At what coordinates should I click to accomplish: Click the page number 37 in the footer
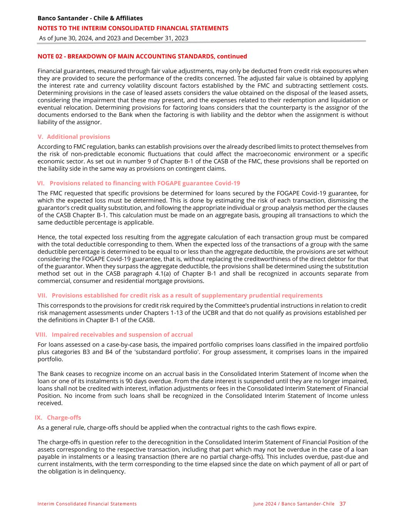pyautogui.click(x=343, y=504)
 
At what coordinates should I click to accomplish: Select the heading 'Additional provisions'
pyautogui.click(x=78, y=137)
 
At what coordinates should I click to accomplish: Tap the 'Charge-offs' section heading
pyautogui.click(x=64, y=418)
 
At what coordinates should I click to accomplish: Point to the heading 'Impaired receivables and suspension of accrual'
pyautogui.click(x=122, y=334)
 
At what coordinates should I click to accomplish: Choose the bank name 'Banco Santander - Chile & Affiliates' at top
pyautogui.click(x=90, y=18)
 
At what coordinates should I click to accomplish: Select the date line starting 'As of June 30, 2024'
pyautogui.click(x=114, y=38)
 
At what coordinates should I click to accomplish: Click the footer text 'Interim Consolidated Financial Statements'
pyautogui.click(x=87, y=504)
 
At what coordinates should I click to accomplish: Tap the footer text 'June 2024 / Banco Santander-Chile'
pyautogui.click(x=294, y=504)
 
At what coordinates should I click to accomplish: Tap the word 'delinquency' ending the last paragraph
pyautogui.click(x=107, y=471)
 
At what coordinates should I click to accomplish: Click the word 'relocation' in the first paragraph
pyautogui.click(x=75, y=108)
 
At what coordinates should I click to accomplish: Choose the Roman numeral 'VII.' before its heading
pyautogui.click(x=42, y=296)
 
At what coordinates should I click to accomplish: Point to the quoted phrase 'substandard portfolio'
pyautogui.click(x=178, y=352)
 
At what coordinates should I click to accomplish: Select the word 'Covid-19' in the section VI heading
pyautogui.click(x=227, y=183)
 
